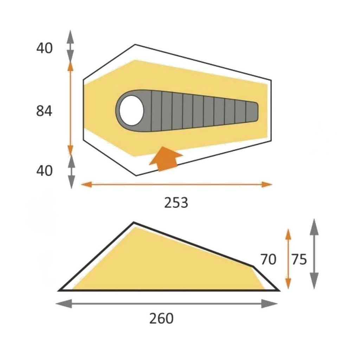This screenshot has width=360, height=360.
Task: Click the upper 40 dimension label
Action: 44,48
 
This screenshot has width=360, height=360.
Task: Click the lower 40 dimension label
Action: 44,171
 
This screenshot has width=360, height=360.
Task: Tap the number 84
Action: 44,111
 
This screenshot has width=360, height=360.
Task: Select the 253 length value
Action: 176,203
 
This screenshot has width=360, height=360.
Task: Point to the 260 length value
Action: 161,319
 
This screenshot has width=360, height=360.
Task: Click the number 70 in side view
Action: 268,259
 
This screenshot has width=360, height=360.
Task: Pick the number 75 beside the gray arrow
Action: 299,259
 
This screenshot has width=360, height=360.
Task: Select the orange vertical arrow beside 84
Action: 71,108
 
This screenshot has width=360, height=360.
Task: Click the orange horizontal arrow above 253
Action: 176,184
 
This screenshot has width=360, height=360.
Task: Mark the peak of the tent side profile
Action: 134,223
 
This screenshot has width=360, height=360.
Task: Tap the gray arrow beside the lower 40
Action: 71,171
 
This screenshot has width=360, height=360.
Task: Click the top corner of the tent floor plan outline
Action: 135,45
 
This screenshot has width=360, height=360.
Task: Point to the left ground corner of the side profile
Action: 60,290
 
